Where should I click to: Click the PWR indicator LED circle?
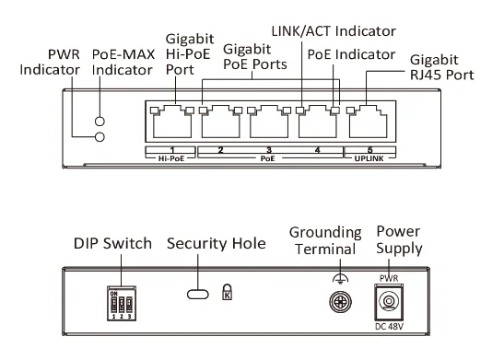(x=100, y=137)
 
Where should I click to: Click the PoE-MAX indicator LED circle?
(x=100, y=122)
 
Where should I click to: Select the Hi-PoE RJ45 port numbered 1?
(x=172, y=122)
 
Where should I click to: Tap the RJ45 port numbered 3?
(x=269, y=122)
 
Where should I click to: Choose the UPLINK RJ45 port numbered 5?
(x=368, y=122)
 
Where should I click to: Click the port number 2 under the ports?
(x=220, y=150)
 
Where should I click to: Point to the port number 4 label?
(x=318, y=150)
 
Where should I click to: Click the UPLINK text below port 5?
(x=369, y=158)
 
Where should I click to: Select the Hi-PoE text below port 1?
(x=171, y=158)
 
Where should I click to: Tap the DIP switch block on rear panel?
(x=122, y=304)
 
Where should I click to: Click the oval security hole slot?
(x=198, y=294)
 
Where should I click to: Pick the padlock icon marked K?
(x=228, y=292)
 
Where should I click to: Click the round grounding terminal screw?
(x=340, y=302)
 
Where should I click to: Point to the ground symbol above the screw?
(x=340, y=279)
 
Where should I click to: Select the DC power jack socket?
(x=389, y=302)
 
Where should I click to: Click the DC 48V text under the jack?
(x=389, y=327)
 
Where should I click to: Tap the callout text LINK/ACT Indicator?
(x=334, y=31)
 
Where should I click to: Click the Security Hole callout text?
(x=217, y=243)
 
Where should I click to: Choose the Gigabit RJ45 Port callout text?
(x=442, y=67)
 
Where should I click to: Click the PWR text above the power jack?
(x=389, y=278)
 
